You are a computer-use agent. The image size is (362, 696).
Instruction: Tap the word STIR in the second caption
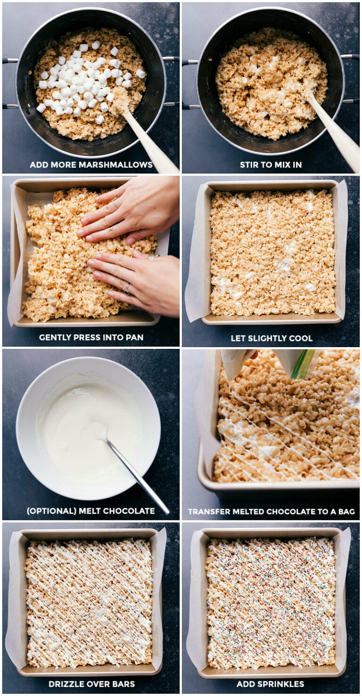[249, 165]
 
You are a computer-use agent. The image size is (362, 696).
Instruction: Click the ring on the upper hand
[115, 204]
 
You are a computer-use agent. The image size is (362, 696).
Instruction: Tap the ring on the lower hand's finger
[127, 289]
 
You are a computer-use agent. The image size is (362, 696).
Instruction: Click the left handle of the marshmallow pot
[9, 82]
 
